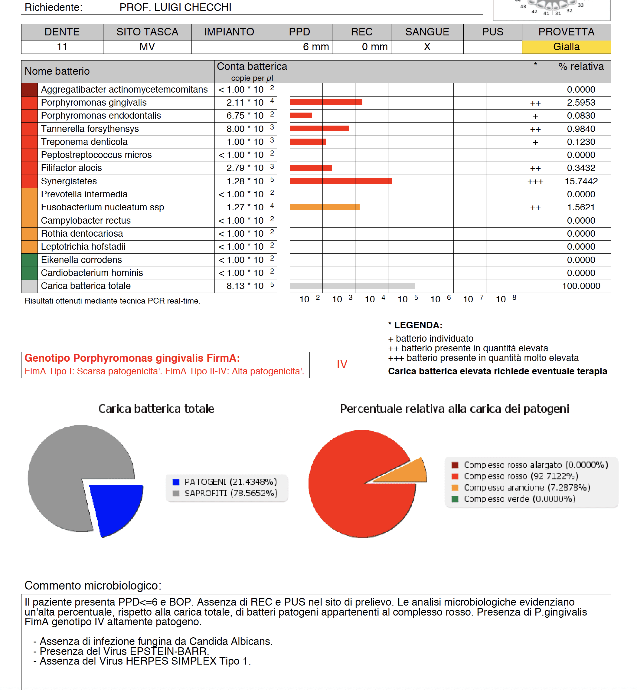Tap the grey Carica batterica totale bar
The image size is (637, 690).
(x=352, y=286)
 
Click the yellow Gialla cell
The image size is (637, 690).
(x=566, y=47)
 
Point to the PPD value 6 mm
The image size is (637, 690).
(x=315, y=47)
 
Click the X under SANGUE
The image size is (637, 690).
(x=427, y=47)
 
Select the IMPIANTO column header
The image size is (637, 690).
(x=229, y=32)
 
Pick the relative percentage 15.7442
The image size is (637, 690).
(x=581, y=181)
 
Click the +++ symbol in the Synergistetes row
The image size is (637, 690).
(x=535, y=182)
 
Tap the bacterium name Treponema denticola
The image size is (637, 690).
(x=84, y=142)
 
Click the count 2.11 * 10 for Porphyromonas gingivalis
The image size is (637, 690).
(x=245, y=103)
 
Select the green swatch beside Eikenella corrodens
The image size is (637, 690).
(x=29, y=260)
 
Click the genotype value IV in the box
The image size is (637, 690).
(x=341, y=364)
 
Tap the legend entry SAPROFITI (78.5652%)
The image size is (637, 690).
(x=230, y=494)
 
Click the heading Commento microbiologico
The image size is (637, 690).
(x=93, y=586)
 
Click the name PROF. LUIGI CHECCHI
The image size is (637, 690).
(x=175, y=7)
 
